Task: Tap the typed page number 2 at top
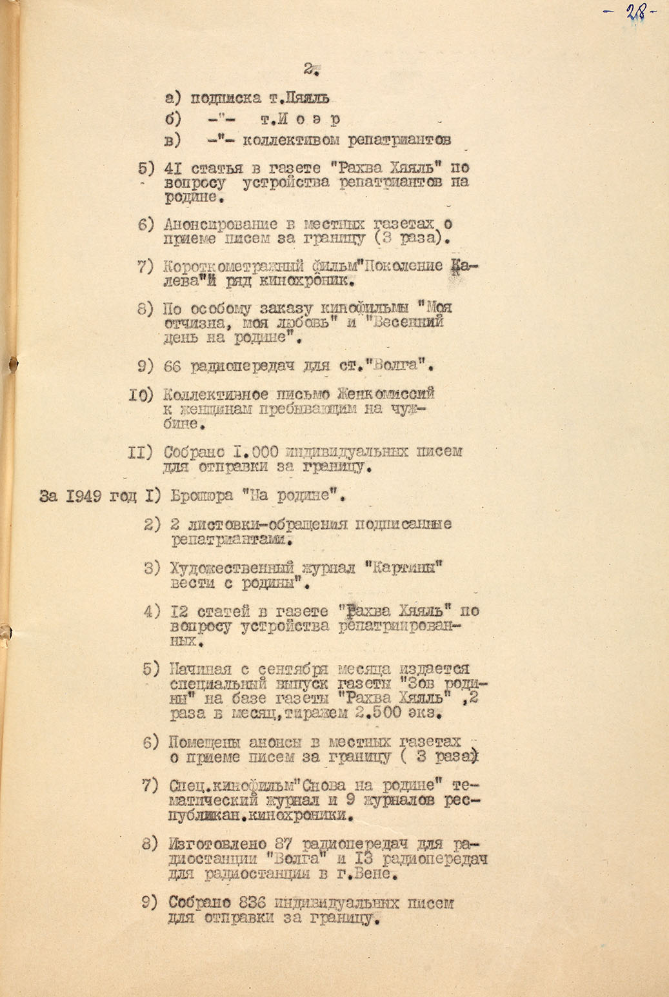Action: [310, 69]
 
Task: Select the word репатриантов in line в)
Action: [399, 139]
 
